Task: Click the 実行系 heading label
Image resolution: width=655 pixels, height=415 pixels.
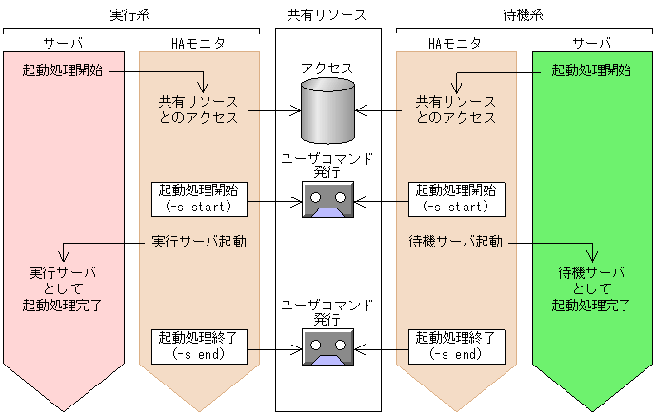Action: coord(129,15)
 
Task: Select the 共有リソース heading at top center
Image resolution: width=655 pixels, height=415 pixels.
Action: coord(327,15)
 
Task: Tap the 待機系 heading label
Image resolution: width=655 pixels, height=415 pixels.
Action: coord(522,15)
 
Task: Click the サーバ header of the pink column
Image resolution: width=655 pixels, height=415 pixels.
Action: coord(64,44)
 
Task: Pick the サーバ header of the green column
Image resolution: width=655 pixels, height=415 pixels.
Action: coord(592,44)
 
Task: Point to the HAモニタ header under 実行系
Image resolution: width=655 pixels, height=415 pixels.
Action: coord(199,44)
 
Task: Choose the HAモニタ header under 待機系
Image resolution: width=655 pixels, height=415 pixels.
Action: coord(455,44)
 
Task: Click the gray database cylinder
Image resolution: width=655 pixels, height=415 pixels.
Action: coord(327,110)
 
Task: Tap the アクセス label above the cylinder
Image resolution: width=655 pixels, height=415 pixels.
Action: coord(327,69)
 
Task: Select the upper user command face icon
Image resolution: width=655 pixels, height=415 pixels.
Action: coord(327,201)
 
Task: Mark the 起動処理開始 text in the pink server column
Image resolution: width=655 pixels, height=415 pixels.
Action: coord(64,70)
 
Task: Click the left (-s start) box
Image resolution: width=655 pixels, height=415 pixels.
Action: coord(199,198)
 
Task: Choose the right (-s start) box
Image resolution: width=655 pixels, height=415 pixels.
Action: coord(455,198)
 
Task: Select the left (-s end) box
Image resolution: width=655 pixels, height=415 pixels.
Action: coord(199,345)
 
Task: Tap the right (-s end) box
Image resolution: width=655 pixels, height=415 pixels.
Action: coord(455,345)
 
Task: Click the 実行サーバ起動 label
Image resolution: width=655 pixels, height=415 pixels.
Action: coord(199,242)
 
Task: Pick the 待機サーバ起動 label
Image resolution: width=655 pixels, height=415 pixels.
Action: coord(455,242)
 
